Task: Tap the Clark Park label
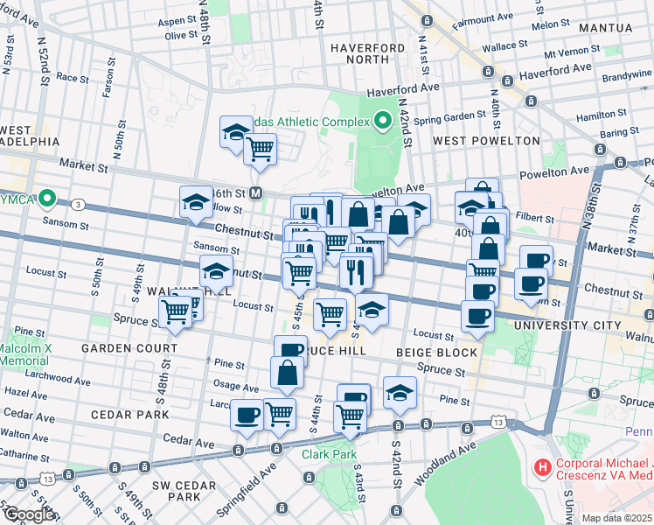click(329, 454)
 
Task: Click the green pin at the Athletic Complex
click(382, 121)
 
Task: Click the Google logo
click(29, 515)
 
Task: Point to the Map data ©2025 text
click(616, 518)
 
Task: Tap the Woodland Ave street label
click(452, 456)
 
